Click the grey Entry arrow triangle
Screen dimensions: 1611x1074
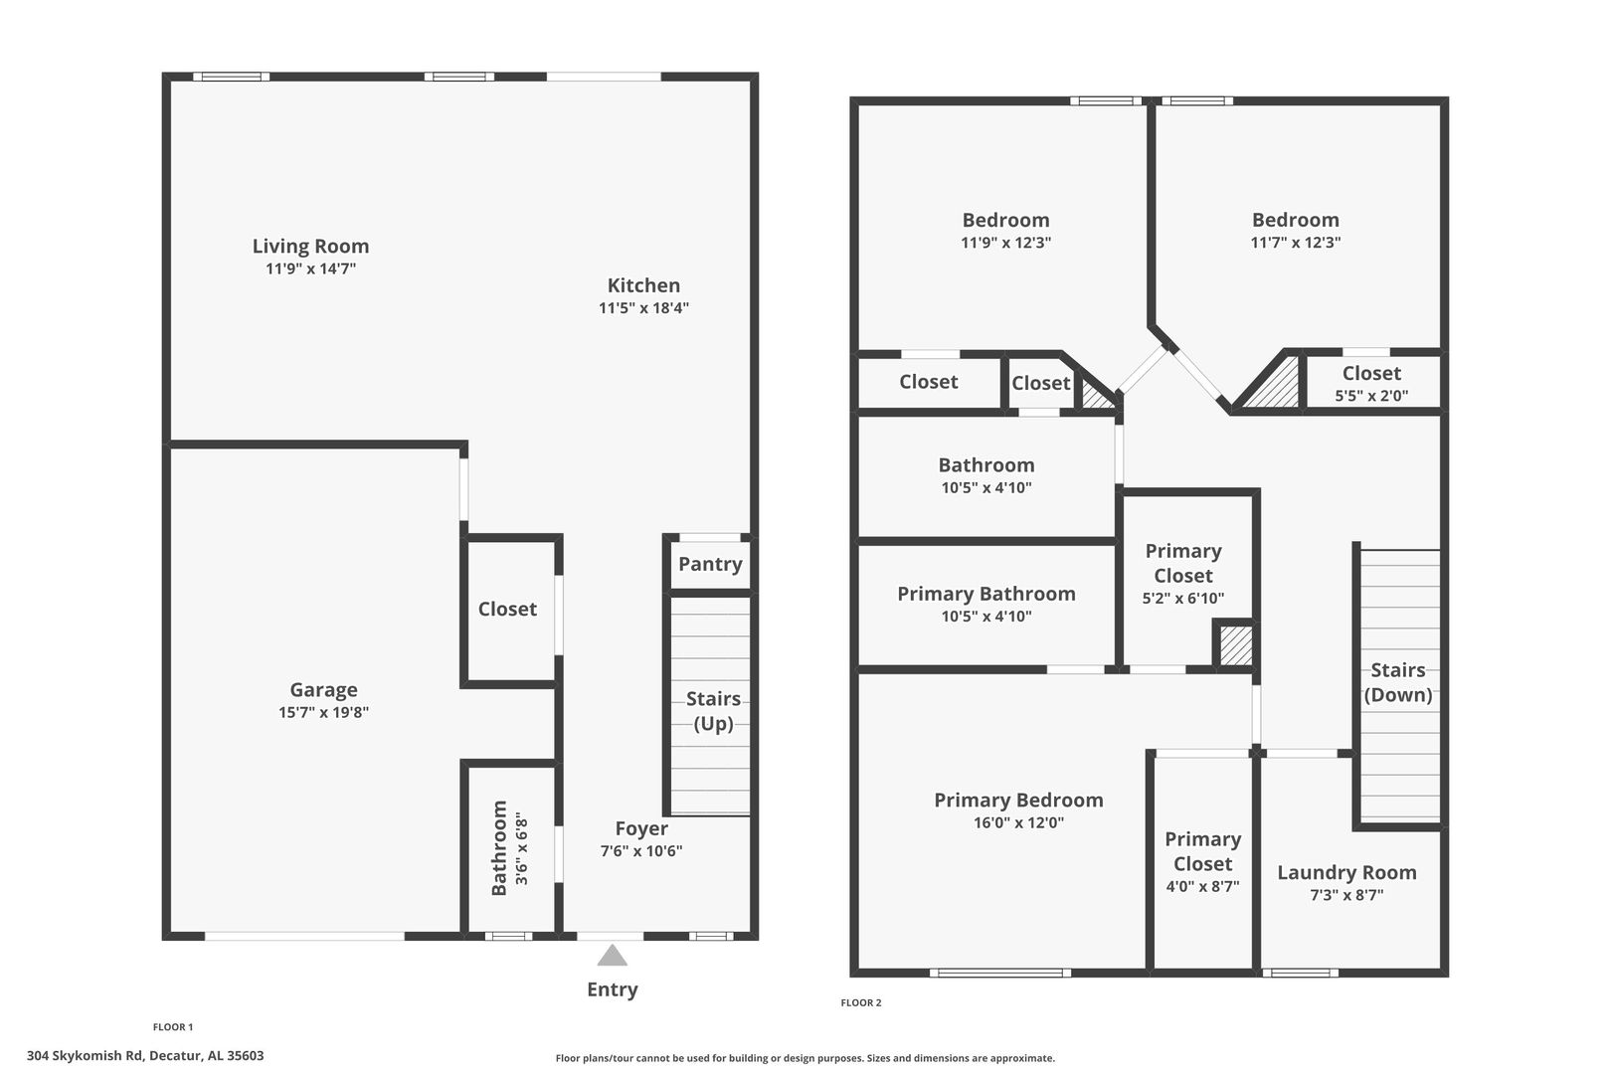(x=612, y=956)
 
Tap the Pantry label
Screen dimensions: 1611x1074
(x=710, y=565)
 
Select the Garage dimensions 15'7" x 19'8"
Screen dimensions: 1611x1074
(x=323, y=712)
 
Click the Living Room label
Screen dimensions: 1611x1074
(x=310, y=246)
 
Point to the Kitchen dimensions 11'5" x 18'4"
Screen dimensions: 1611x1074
(x=643, y=308)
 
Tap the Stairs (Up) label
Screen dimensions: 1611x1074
(x=713, y=711)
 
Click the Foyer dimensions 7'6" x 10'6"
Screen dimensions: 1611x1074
(x=641, y=851)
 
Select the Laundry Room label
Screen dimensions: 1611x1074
(x=1347, y=872)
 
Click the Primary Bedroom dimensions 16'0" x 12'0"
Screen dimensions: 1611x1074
(x=1018, y=822)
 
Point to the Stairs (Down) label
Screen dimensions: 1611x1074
(x=1398, y=682)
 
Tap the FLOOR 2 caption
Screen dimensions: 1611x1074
(x=861, y=1002)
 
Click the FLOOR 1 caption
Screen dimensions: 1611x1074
(x=173, y=1027)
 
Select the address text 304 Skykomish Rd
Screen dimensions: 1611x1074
(x=85, y=1056)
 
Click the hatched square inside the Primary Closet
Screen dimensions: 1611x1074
(x=1235, y=646)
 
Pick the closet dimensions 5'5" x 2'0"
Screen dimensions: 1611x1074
(x=1371, y=396)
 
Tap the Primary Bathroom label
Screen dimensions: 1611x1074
(x=986, y=595)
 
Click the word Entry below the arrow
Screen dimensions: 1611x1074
(x=612, y=989)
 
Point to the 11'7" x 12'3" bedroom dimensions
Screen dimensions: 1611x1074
(x=1296, y=243)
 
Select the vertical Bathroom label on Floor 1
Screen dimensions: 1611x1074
(x=498, y=848)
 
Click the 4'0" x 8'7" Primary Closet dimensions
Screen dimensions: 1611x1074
(x=1202, y=887)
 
